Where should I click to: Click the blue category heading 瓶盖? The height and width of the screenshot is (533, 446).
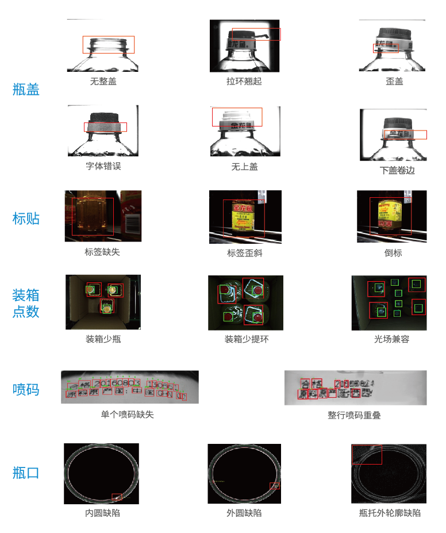(26, 90)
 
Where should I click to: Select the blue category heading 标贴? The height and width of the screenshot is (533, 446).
(26, 218)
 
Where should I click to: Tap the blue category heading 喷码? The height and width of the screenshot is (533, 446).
(26, 389)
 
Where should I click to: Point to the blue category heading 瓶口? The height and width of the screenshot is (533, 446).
(26, 473)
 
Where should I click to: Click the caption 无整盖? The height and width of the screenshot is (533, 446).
(103, 82)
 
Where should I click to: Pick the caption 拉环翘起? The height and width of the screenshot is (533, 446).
(244, 82)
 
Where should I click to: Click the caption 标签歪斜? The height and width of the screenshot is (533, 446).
(245, 253)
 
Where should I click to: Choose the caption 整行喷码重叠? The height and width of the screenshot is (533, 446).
(354, 415)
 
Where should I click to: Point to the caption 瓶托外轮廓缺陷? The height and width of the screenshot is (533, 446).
(390, 513)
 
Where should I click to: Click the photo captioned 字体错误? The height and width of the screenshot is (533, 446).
(103, 131)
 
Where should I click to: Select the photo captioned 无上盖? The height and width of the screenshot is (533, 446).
(245, 131)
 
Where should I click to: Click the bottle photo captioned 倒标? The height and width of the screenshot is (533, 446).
(392, 216)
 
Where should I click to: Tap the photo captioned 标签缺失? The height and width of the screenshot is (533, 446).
(103, 216)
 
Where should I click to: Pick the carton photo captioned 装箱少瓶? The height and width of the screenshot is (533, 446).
(103, 302)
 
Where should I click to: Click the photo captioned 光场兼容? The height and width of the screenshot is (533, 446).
(389, 302)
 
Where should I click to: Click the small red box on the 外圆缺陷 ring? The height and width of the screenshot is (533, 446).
(275, 486)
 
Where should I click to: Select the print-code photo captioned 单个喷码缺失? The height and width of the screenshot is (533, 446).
(130, 387)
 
